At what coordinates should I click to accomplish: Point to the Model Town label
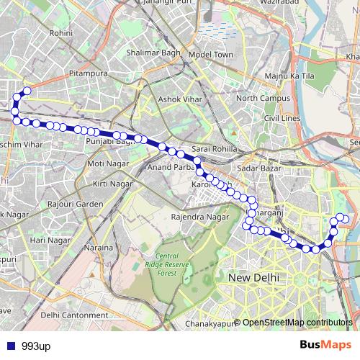click(x=211, y=55)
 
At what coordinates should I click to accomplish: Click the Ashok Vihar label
click(x=177, y=100)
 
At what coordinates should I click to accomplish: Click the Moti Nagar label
click(x=106, y=163)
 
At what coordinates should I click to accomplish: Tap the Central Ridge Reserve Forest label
click(x=167, y=264)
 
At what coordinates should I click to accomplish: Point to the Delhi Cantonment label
click(x=75, y=315)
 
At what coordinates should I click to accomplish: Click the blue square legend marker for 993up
click(x=10, y=346)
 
